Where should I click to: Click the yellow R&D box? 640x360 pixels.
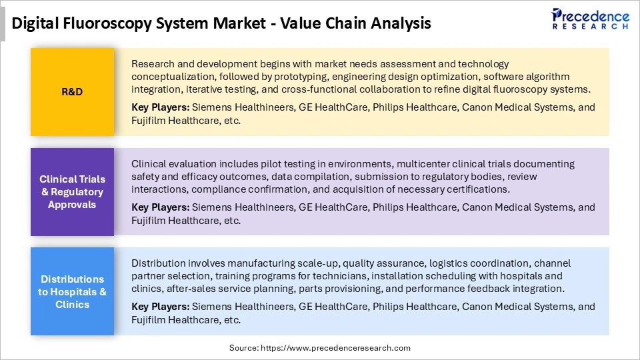(x=72, y=92)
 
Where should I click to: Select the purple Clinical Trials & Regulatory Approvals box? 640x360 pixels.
(x=72, y=192)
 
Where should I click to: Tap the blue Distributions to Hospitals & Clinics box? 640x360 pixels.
(x=72, y=291)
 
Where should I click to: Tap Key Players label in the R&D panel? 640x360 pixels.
(x=160, y=107)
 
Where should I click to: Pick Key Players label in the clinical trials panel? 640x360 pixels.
(x=160, y=207)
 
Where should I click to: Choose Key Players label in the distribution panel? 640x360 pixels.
(x=160, y=307)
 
